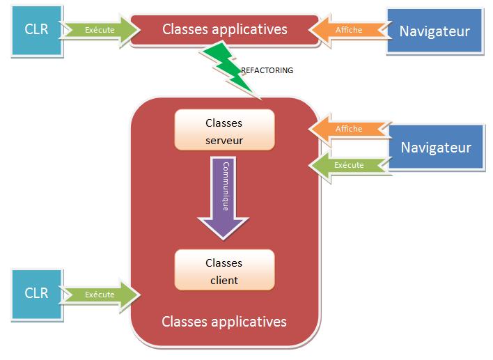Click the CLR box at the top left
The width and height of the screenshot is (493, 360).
37,30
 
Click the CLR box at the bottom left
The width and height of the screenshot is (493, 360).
37,293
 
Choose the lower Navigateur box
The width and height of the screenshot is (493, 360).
435,147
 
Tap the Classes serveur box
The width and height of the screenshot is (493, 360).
224,131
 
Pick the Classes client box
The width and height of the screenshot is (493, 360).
224,271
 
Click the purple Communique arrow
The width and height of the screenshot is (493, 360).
224,195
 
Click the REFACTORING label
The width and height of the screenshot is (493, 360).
267,70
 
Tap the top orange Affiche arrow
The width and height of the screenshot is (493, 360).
346,30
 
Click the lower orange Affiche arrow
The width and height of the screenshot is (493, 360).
347,129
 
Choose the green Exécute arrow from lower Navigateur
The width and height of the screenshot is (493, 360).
347,165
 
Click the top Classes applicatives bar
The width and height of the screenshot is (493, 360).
224,29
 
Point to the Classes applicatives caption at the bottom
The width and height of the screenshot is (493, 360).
224,322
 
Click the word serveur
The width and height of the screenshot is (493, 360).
224,139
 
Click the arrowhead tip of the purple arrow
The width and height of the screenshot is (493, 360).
224,237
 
